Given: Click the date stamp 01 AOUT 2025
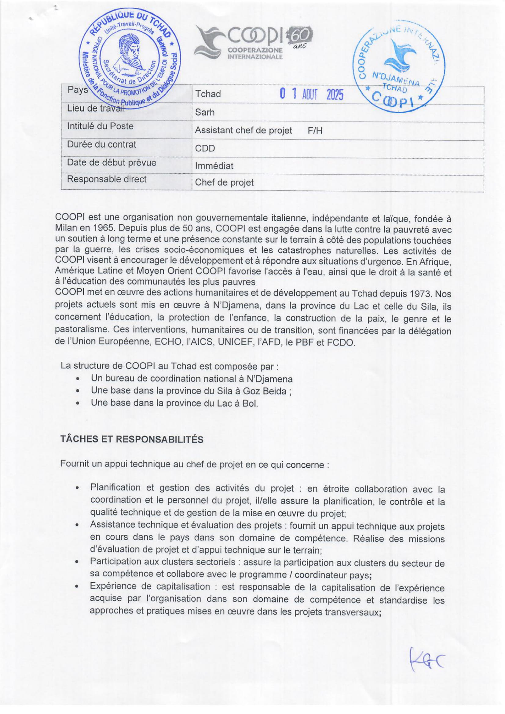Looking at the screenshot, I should pos(312,94).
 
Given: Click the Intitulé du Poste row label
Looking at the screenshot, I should pos(100,126).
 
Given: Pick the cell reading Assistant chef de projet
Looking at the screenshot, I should pos(243,130).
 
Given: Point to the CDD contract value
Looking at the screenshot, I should pos(205,148).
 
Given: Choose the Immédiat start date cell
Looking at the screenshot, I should pos(214,166).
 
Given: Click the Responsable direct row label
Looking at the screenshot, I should pos(107,179).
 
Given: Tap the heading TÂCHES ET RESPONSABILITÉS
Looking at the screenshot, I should pos(132,439).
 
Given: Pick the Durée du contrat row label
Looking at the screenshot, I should pos(101,144).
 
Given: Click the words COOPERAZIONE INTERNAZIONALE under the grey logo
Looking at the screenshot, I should pos(255,53).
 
